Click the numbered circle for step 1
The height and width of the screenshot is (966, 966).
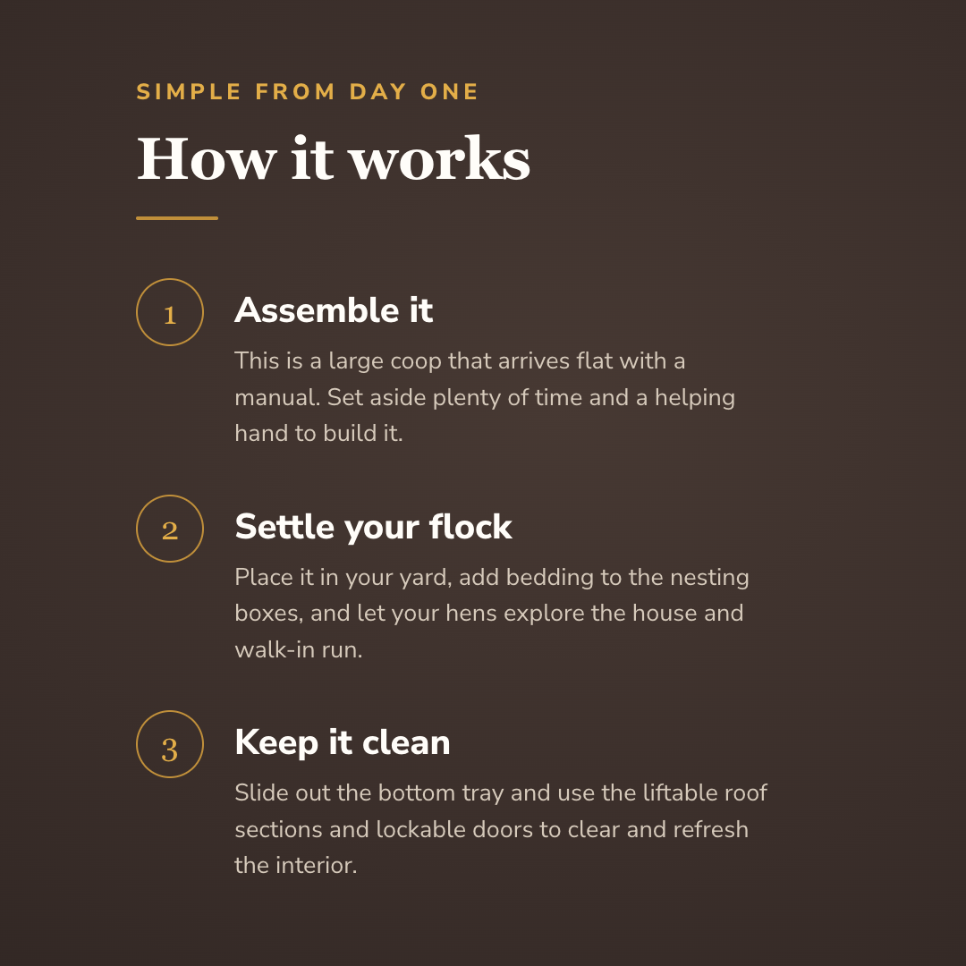137,312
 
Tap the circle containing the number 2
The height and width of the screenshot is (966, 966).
137,529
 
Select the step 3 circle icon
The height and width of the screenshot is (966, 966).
137,744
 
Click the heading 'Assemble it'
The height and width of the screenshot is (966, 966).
334,309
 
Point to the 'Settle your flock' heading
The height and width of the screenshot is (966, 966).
373,528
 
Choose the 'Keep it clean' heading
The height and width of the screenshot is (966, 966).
343,743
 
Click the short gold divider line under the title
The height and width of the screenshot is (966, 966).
177,218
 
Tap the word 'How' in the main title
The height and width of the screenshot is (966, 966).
207,159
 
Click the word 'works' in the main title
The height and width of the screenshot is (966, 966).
439,159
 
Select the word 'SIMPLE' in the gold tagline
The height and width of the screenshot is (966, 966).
189,92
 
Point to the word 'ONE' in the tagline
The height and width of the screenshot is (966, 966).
449,92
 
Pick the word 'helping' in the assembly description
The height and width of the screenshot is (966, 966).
694,398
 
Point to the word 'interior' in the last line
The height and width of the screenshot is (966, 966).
316,866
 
